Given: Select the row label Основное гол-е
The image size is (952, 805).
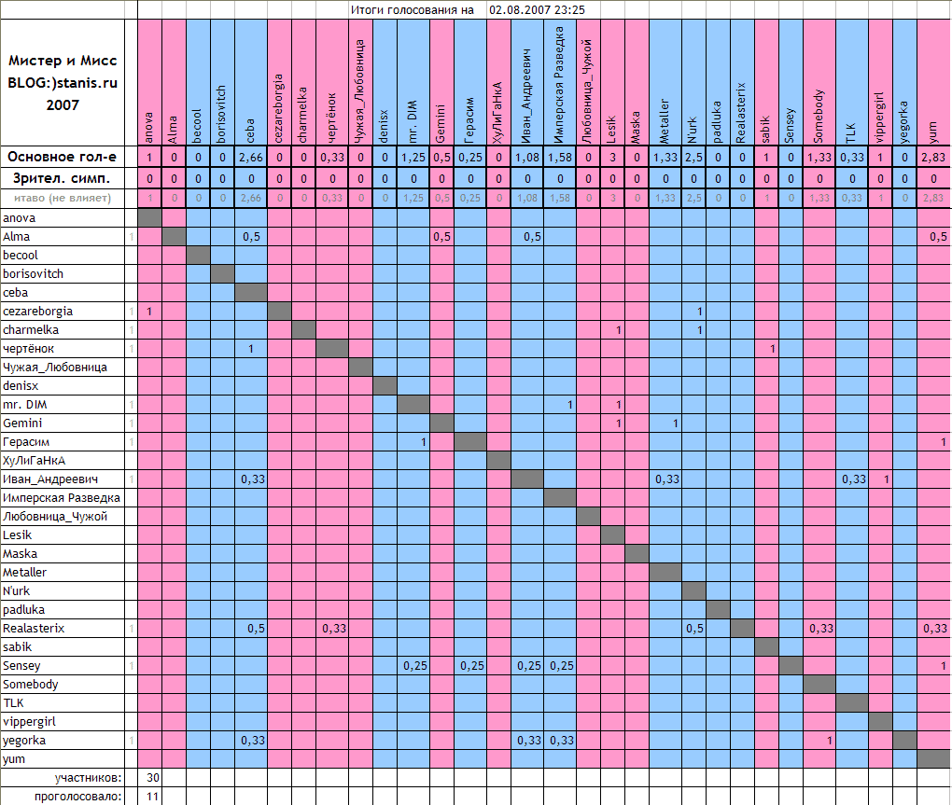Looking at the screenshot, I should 63,157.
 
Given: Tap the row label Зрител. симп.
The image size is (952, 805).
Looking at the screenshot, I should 63,177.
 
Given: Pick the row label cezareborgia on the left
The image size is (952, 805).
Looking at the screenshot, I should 37,311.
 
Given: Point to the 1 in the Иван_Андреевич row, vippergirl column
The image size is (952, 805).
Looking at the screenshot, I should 886,479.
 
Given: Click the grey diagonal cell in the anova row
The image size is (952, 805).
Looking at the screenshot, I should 149,217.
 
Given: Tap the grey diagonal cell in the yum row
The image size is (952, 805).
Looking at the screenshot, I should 933,758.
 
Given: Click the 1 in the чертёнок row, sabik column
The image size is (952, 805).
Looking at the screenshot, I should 772,348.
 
